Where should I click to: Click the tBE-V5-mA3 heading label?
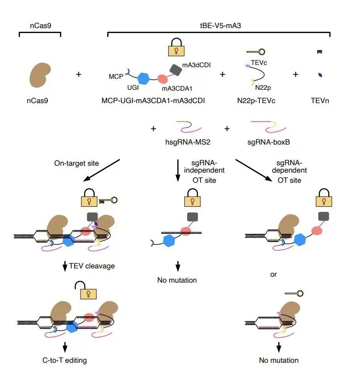[x=220, y=26]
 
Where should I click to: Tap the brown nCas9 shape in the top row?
[x=40, y=75]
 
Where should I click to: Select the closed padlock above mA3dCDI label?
[x=176, y=47]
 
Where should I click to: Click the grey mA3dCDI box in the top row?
[x=176, y=70]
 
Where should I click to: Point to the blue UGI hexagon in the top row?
[x=143, y=79]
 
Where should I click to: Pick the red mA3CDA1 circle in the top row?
[x=162, y=79]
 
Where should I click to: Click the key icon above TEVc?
[x=256, y=52]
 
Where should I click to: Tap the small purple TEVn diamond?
[x=320, y=75]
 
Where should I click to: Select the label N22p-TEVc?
[x=256, y=101]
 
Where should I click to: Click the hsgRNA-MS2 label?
[x=188, y=142]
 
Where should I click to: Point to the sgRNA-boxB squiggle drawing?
[x=269, y=127]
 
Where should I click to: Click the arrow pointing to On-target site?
[x=102, y=170]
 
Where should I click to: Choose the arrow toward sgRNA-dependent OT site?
[x=254, y=170]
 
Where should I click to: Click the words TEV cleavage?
[x=91, y=266]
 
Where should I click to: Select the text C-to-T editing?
[x=64, y=360]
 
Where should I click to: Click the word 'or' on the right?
[x=273, y=274]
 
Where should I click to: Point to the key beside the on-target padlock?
[x=108, y=200]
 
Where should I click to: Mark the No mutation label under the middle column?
[x=177, y=280]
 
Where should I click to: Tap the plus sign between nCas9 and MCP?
[x=79, y=75]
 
